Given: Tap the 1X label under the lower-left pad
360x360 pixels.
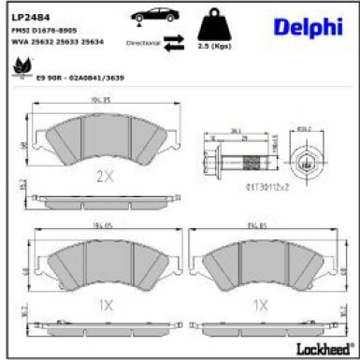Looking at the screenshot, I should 104,304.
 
